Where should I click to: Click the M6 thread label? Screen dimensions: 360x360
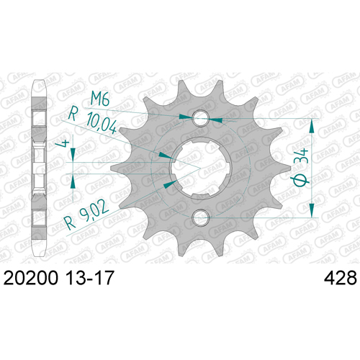pyautogui.click(x=100, y=99)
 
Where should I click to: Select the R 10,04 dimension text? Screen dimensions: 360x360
pyautogui.click(x=93, y=121)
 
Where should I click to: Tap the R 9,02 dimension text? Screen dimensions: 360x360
pyautogui.click(x=87, y=217)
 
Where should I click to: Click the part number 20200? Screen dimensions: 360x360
pyautogui.click(x=31, y=278)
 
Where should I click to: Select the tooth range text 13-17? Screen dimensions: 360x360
pyautogui.click(x=89, y=278)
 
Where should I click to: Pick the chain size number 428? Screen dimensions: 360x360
pyautogui.click(x=341, y=278)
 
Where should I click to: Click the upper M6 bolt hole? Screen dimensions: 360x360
pyautogui.click(x=201, y=118)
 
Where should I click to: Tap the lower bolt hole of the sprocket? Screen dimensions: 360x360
pyautogui.click(x=201, y=217)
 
